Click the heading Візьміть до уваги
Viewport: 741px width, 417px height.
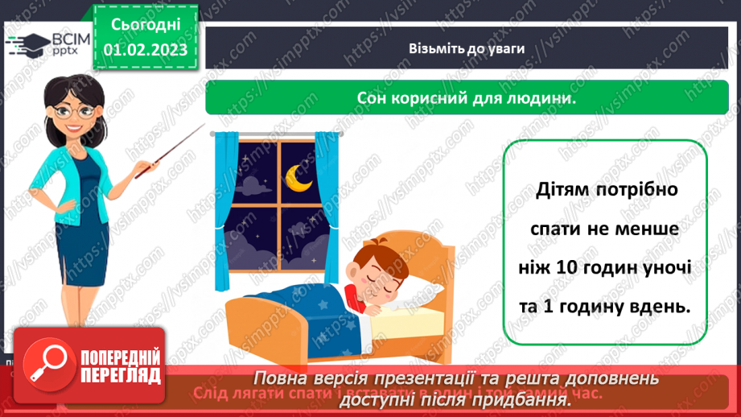(466, 48)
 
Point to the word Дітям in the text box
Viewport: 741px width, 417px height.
(564, 191)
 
